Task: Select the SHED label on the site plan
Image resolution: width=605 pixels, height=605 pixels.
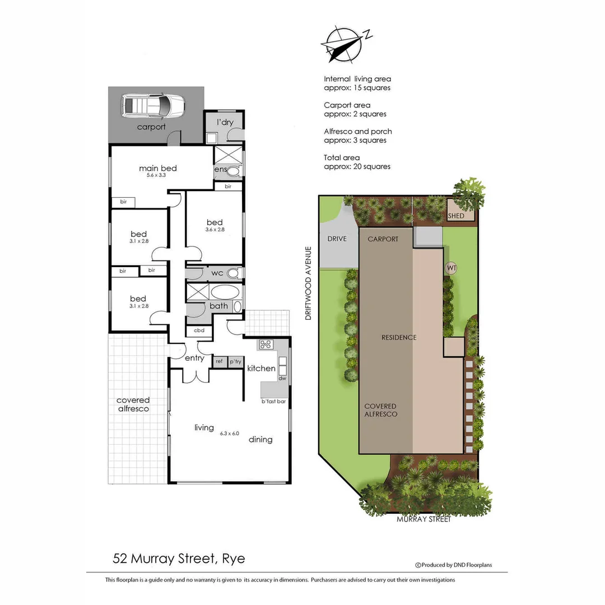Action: point(456,216)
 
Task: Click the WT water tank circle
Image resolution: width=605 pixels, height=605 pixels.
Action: point(452,268)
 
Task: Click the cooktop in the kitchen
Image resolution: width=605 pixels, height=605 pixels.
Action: point(264,345)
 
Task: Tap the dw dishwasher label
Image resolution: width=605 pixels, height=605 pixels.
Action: point(282,379)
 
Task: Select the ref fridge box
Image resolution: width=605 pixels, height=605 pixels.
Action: point(219,362)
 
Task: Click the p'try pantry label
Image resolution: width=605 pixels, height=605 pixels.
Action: point(235,362)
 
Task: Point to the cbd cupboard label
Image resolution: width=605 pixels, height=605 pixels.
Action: point(199,331)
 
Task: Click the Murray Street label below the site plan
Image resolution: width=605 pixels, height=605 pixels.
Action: point(424,519)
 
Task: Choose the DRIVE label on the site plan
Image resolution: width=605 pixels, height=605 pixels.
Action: point(337,239)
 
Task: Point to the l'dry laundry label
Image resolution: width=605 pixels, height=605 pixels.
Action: point(225,122)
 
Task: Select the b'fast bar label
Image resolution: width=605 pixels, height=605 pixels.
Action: point(273,402)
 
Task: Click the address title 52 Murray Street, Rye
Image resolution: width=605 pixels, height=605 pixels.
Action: point(179,559)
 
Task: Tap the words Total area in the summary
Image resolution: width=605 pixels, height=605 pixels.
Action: point(342,157)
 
